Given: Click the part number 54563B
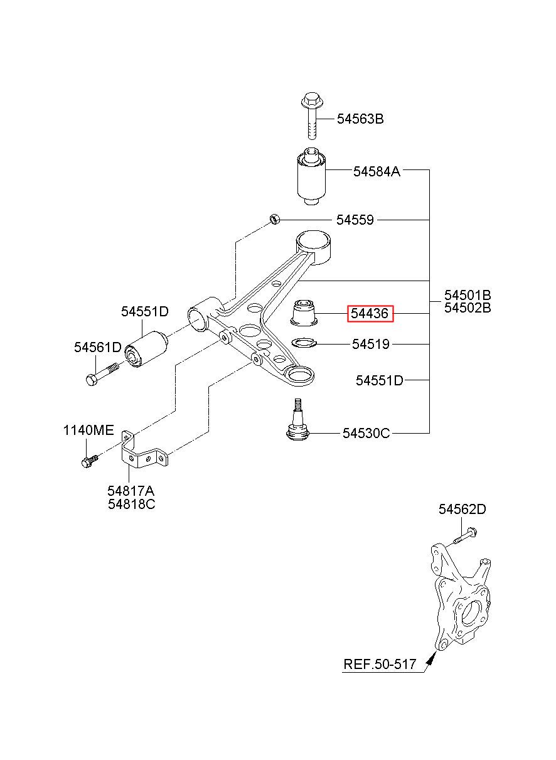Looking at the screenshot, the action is (360, 119).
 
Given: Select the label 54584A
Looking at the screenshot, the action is (377, 171).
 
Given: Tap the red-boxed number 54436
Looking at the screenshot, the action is (370, 313).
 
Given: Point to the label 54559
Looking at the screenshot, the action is (355, 220).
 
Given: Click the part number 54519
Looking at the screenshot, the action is (370, 344).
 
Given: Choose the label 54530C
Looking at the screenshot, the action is (366, 433).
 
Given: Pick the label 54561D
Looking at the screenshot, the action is (98, 347).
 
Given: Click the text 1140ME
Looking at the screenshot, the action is (88, 431).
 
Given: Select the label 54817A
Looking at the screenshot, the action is (131, 491).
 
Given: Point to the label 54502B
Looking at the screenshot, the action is (468, 308).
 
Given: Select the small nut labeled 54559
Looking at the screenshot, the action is (274, 219).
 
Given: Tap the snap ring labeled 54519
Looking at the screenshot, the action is (304, 343).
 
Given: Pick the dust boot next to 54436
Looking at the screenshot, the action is (304, 312).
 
